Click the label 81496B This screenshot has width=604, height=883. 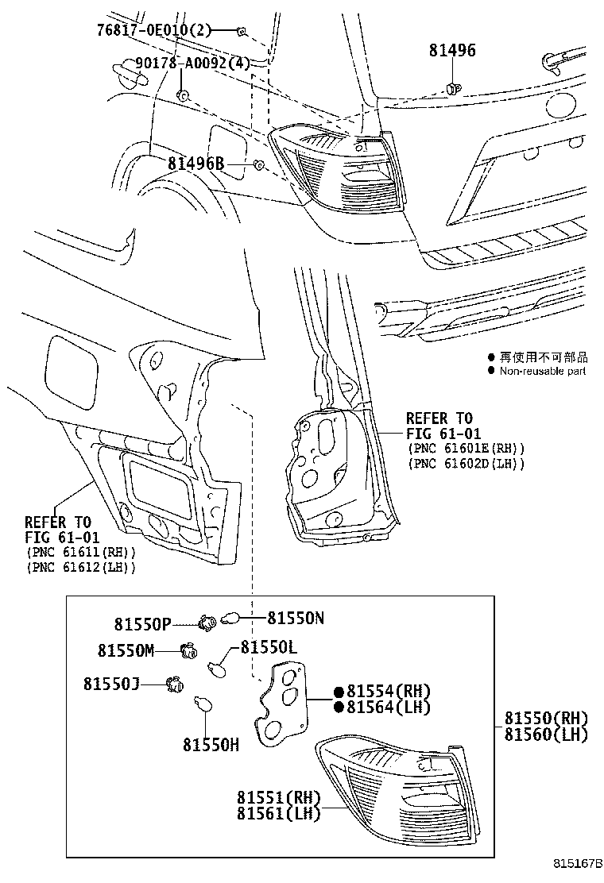pos(196,164)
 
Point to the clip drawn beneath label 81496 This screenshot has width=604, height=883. pos(453,87)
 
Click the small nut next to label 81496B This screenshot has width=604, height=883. pos(258,165)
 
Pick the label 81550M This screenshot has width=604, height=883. pos(126,650)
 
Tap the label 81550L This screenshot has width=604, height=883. pos(269,647)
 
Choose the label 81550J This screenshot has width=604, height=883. pos(111,683)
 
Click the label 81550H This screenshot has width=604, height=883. pos(211,744)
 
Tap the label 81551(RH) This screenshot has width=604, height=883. pos(277,797)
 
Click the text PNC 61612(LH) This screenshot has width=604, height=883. pos(80,567)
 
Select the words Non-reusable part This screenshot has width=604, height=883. pos(542,371)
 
